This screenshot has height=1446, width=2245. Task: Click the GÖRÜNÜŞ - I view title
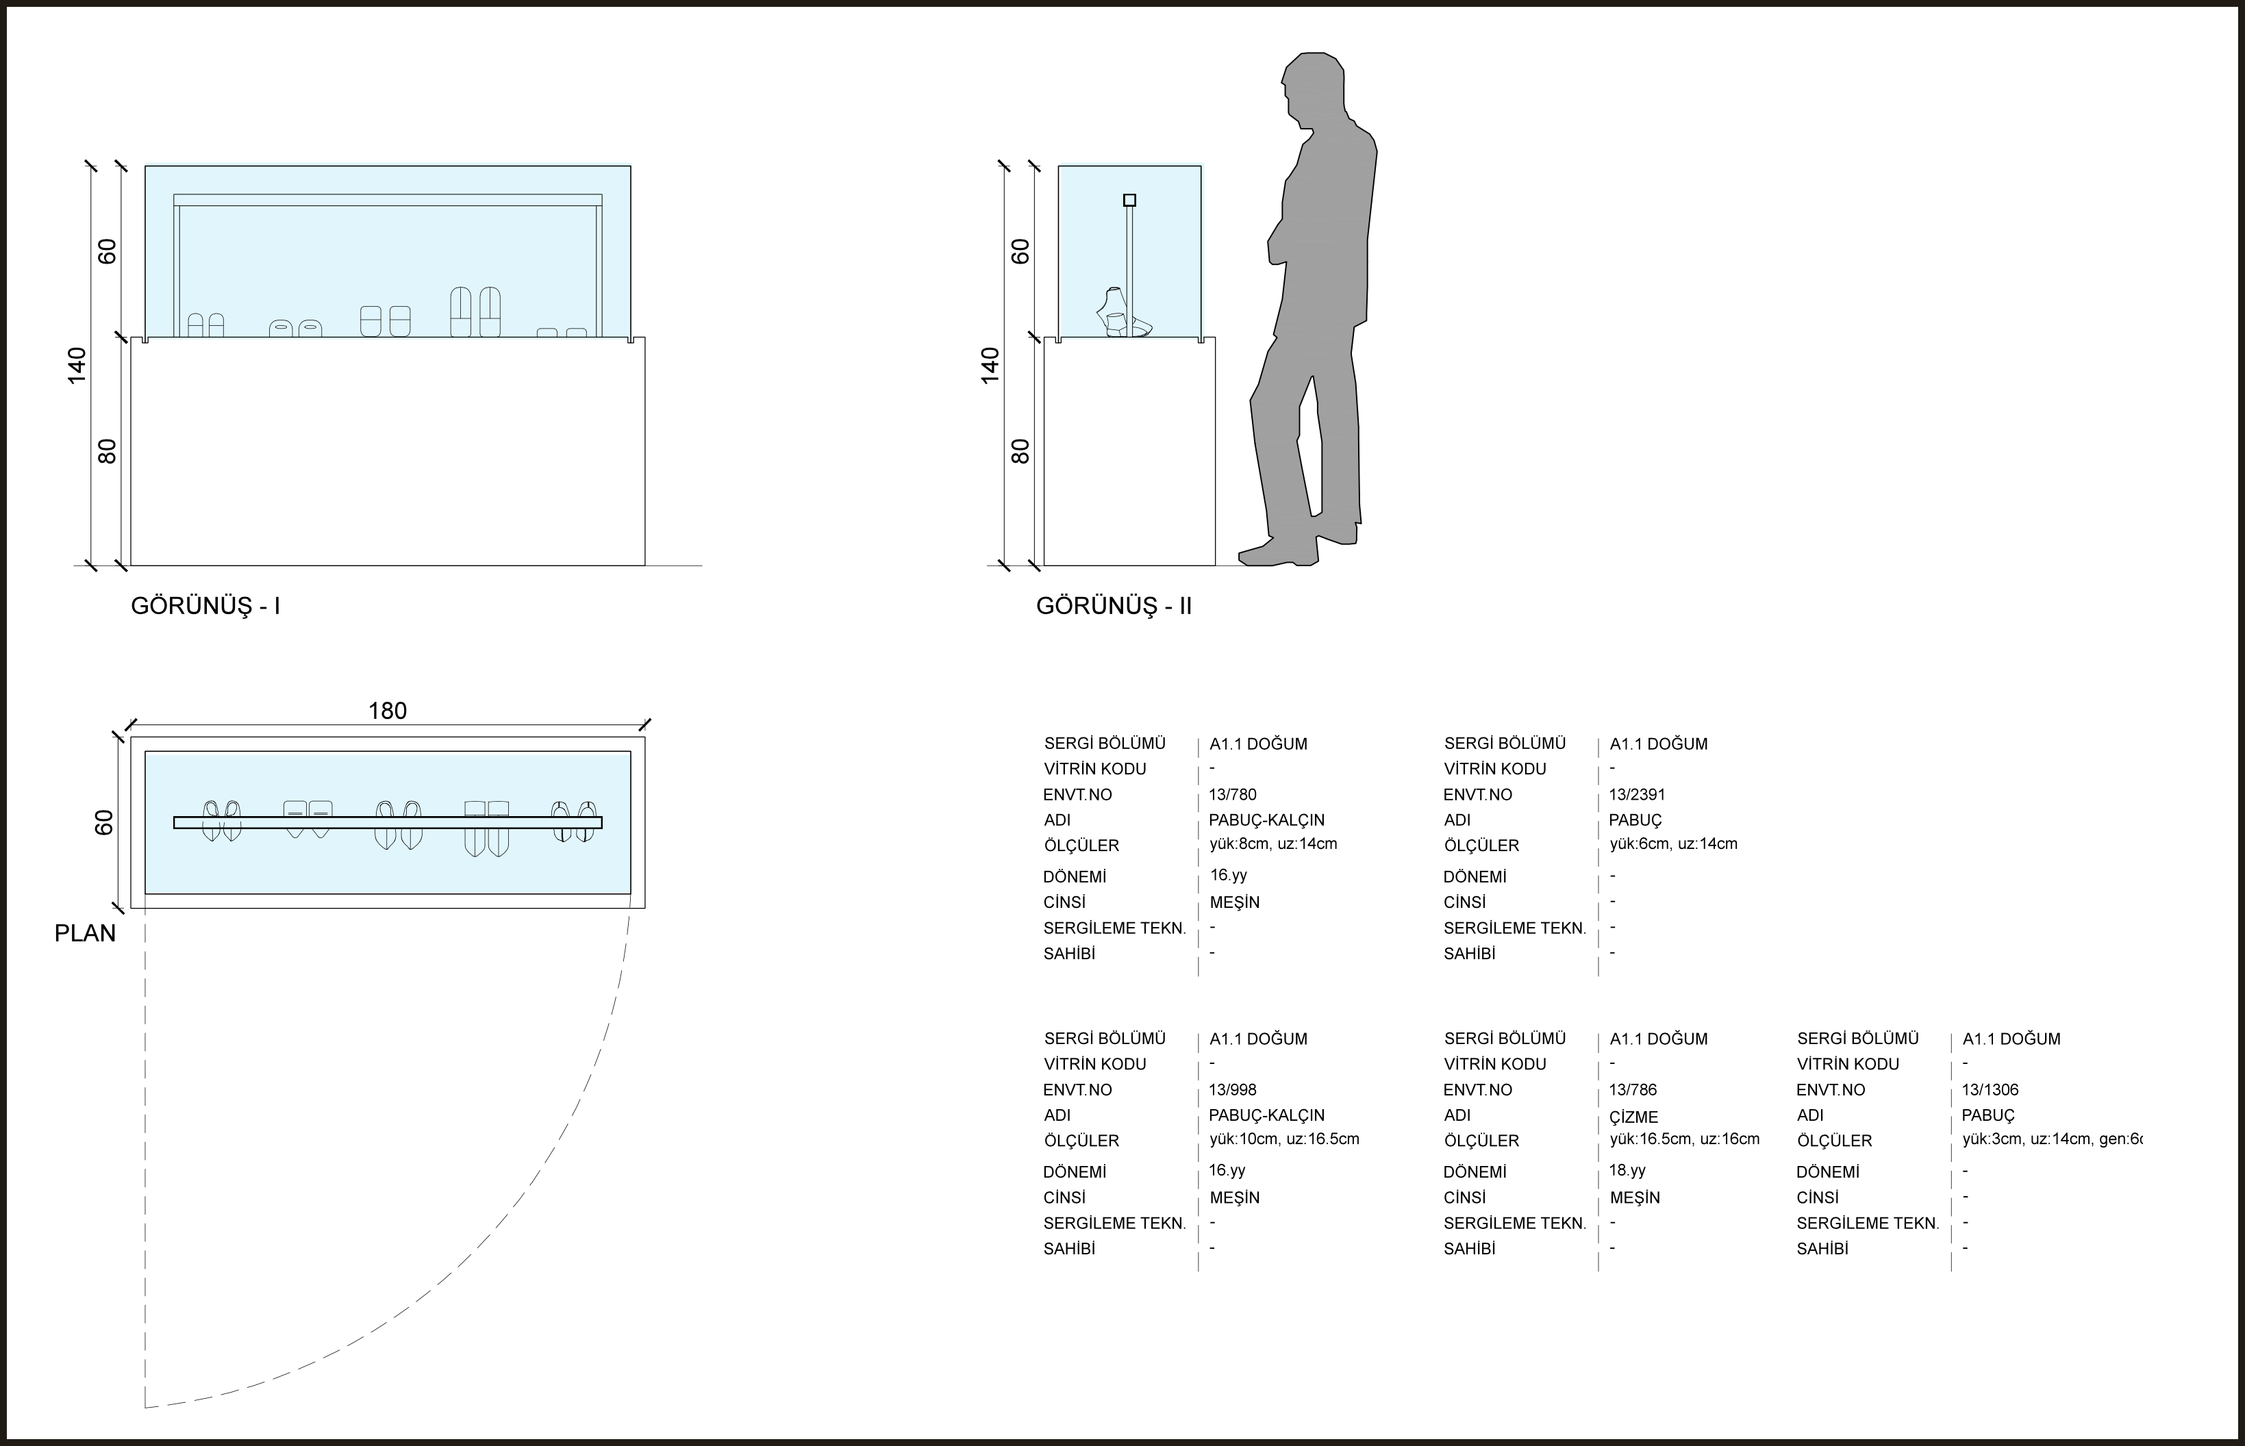(205, 607)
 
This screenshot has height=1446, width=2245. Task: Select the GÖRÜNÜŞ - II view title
(1113, 607)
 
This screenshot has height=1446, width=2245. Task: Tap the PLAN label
(84, 933)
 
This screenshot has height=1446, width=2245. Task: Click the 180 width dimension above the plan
(387, 711)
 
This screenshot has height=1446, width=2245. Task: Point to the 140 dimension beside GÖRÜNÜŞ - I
(76, 365)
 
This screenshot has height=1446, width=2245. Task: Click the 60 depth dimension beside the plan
(103, 822)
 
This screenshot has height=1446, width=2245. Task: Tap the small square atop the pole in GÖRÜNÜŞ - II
(1129, 200)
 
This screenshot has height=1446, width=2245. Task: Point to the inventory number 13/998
(1232, 1090)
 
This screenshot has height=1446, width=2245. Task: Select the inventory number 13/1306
(1990, 1090)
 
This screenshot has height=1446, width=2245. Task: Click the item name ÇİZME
(1633, 1117)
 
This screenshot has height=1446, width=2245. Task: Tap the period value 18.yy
(1627, 1171)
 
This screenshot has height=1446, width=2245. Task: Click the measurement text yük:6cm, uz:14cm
(1673, 844)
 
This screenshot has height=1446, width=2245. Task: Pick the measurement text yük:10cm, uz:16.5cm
(1283, 1139)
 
